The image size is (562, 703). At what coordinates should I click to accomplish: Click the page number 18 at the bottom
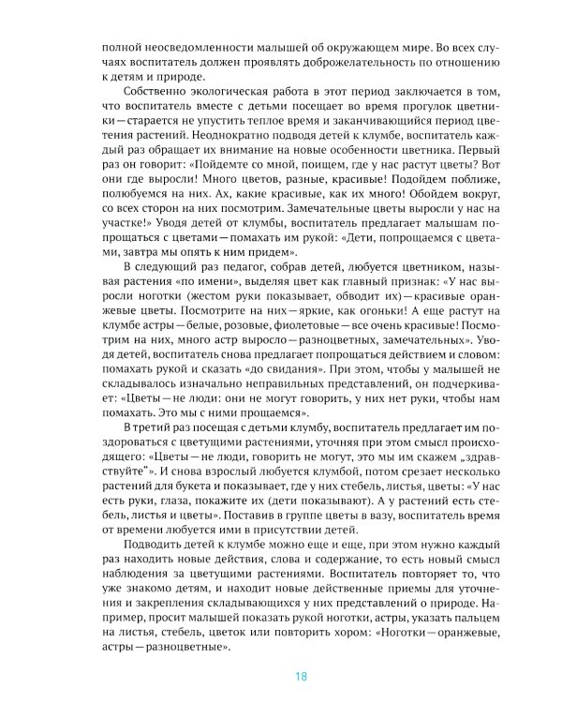[300, 677]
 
